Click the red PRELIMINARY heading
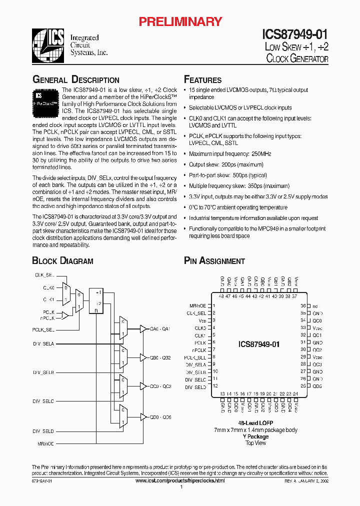(x=180, y=21)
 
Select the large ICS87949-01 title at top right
(x=295, y=34)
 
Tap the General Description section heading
(x=76, y=80)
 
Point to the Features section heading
(x=203, y=80)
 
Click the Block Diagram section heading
(x=62, y=260)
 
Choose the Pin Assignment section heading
(x=214, y=260)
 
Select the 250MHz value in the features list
(x=260, y=154)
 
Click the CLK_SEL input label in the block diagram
(x=44, y=275)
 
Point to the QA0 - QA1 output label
(x=161, y=328)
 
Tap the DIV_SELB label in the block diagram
(x=43, y=373)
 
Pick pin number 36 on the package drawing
(x=303, y=305)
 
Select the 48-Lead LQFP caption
(x=256, y=423)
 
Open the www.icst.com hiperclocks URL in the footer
(x=180, y=480)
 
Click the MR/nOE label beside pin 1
(x=197, y=305)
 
